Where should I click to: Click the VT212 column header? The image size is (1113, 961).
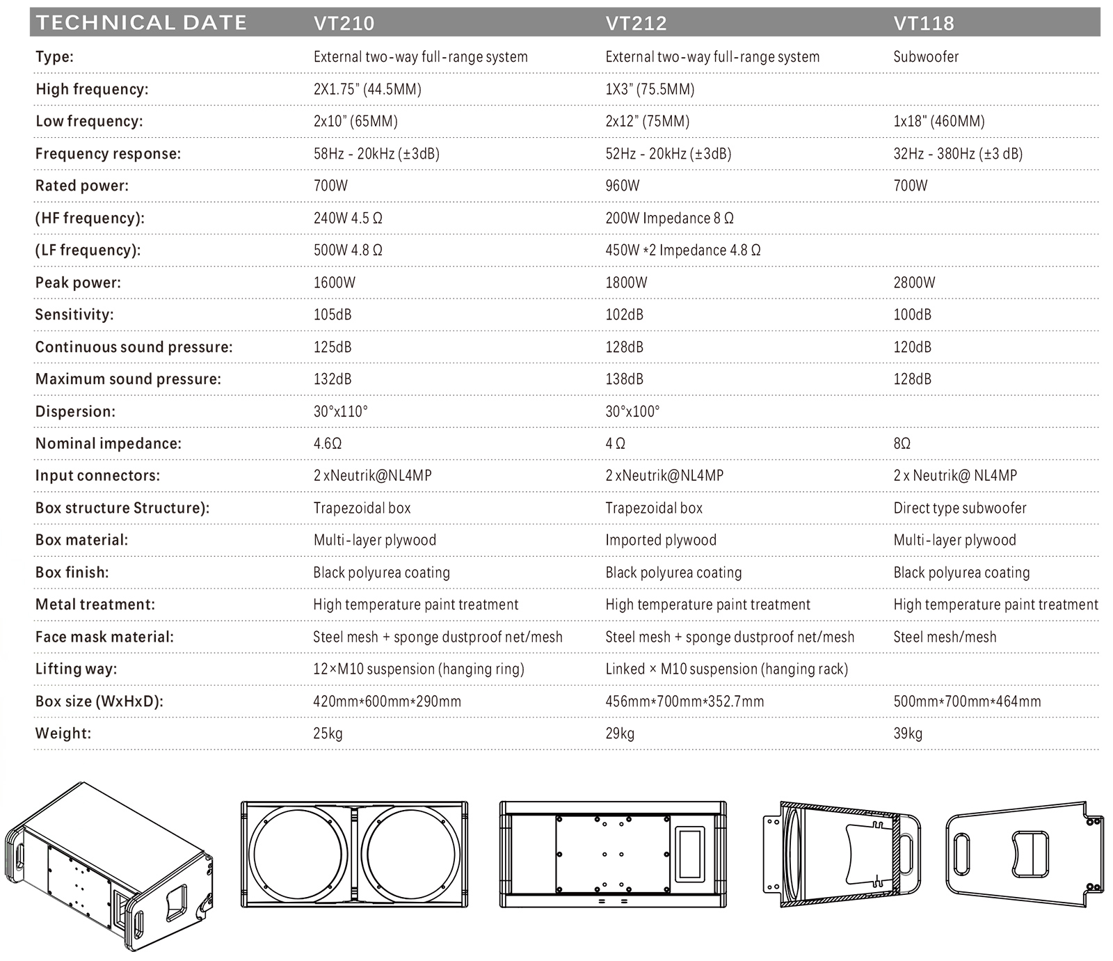tap(636, 23)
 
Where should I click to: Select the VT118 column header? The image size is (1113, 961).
tap(924, 23)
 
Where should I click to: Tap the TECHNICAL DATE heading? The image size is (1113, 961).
tap(141, 22)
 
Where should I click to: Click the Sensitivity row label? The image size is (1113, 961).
tap(74, 315)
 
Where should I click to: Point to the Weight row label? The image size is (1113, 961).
tap(63, 733)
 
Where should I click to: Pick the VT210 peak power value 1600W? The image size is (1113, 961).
tap(334, 283)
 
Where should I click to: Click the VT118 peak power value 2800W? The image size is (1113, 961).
tap(914, 283)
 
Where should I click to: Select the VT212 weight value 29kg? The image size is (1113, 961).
tap(620, 733)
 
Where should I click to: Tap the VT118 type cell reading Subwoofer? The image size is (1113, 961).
tap(926, 56)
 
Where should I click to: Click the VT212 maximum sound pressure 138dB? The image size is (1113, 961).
tap(624, 379)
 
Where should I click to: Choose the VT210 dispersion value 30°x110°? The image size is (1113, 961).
tap(340, 411)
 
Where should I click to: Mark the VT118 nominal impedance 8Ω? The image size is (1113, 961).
tap(902, 443)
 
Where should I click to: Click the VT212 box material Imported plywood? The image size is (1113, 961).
tap(660, 540)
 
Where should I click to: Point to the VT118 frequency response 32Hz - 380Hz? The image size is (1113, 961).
tap(958, 153)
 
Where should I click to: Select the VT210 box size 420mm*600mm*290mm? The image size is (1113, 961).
tap(387, 701)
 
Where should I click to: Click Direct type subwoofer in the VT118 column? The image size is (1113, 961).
tap(959, 508)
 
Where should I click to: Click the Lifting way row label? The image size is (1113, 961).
tap(76, 669)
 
